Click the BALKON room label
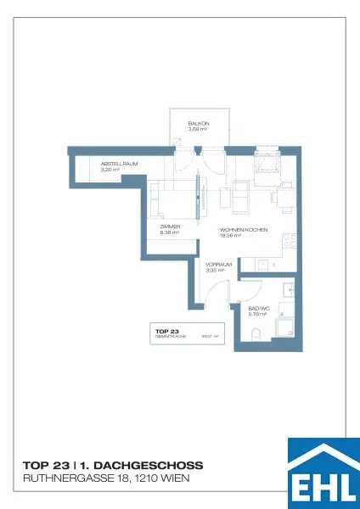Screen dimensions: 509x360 [199, 124]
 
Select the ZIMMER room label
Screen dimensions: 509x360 [171, 227]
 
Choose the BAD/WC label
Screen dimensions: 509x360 [258, 309]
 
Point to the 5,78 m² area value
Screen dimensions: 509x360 [257, 314]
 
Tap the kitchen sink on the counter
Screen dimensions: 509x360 [264, 264]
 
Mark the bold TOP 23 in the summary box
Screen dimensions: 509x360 [167, 332]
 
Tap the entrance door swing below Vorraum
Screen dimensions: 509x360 [208, 297]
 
